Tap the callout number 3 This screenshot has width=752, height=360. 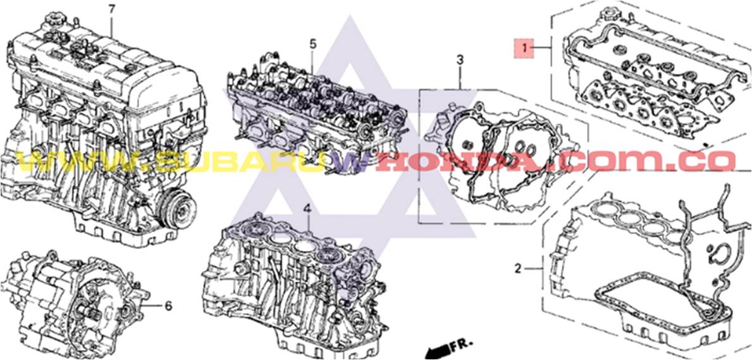tap(460, 60)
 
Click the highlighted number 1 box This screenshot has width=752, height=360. tap(524, 47)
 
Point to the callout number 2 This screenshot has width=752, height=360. tap(518, 269)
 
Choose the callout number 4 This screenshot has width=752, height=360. tap(307, 208)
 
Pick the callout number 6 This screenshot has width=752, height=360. tap(168, 306)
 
